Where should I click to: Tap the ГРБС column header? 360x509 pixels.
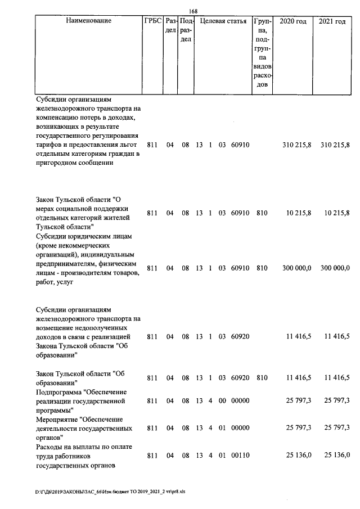(153, 21)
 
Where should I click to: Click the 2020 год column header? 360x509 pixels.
(293, 21)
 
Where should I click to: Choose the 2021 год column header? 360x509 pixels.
(332, 21)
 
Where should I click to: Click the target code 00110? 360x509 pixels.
(240, 454)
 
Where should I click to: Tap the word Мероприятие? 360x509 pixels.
(57, 419)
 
